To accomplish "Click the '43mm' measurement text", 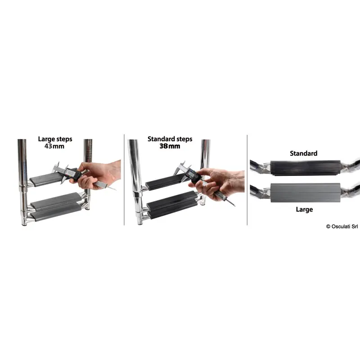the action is point(54,146).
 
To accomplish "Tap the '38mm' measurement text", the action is point(170,146).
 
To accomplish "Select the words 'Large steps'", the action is point(55,139).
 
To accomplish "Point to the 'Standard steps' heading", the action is point(170,139).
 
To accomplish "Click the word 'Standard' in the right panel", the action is point(303,153).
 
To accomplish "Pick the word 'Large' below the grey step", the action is point(304,210).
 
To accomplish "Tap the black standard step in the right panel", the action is point(306,168).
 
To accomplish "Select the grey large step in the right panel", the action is point(306,193).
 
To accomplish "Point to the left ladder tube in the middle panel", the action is point(136,182).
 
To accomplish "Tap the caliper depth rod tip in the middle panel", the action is point(235,206).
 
